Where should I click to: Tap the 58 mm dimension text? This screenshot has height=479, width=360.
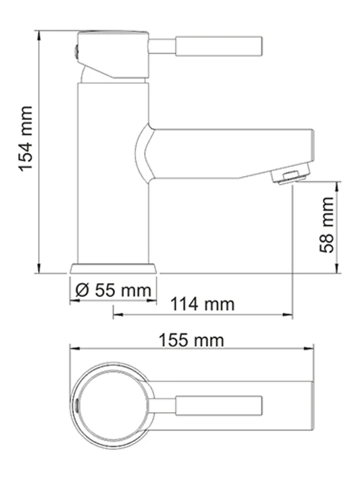coord(327,224)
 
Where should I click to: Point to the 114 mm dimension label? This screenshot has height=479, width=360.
coord(203,304)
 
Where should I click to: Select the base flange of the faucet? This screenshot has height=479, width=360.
coord(113,268)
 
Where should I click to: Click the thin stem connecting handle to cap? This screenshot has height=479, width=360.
coord(162,46)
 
